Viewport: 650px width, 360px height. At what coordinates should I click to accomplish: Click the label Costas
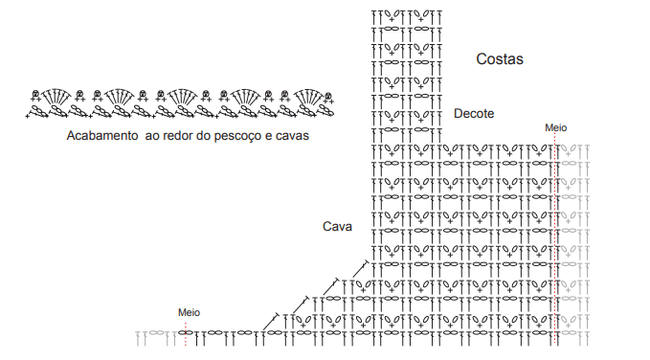pos(500,59)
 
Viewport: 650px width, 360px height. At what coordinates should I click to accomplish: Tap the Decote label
pos(474,113)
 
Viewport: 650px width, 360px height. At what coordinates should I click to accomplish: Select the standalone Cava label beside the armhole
pos(337,227)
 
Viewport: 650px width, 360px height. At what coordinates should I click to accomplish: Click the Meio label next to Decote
pos(555,127)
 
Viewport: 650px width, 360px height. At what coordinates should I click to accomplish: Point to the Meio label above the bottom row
pos(189,312)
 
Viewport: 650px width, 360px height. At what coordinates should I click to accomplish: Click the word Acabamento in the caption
pos(102,136)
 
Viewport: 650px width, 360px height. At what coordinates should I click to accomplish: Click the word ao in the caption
pos(152,136)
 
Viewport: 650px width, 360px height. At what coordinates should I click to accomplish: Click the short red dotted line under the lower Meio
pos(186,333)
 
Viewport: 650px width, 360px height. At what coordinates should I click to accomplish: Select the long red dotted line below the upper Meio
pos(555,239)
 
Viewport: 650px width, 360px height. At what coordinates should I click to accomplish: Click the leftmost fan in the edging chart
pos(56,96)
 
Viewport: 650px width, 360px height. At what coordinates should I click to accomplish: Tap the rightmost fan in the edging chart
pos(309,96)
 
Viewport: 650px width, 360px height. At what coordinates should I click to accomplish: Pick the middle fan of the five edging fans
pos(183,96)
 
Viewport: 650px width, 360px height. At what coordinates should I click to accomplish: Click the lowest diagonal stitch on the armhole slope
pos(272,322)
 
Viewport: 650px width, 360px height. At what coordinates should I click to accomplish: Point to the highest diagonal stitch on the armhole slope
pos(361,269)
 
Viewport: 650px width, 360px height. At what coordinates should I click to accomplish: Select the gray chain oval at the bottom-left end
pos(156,332)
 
